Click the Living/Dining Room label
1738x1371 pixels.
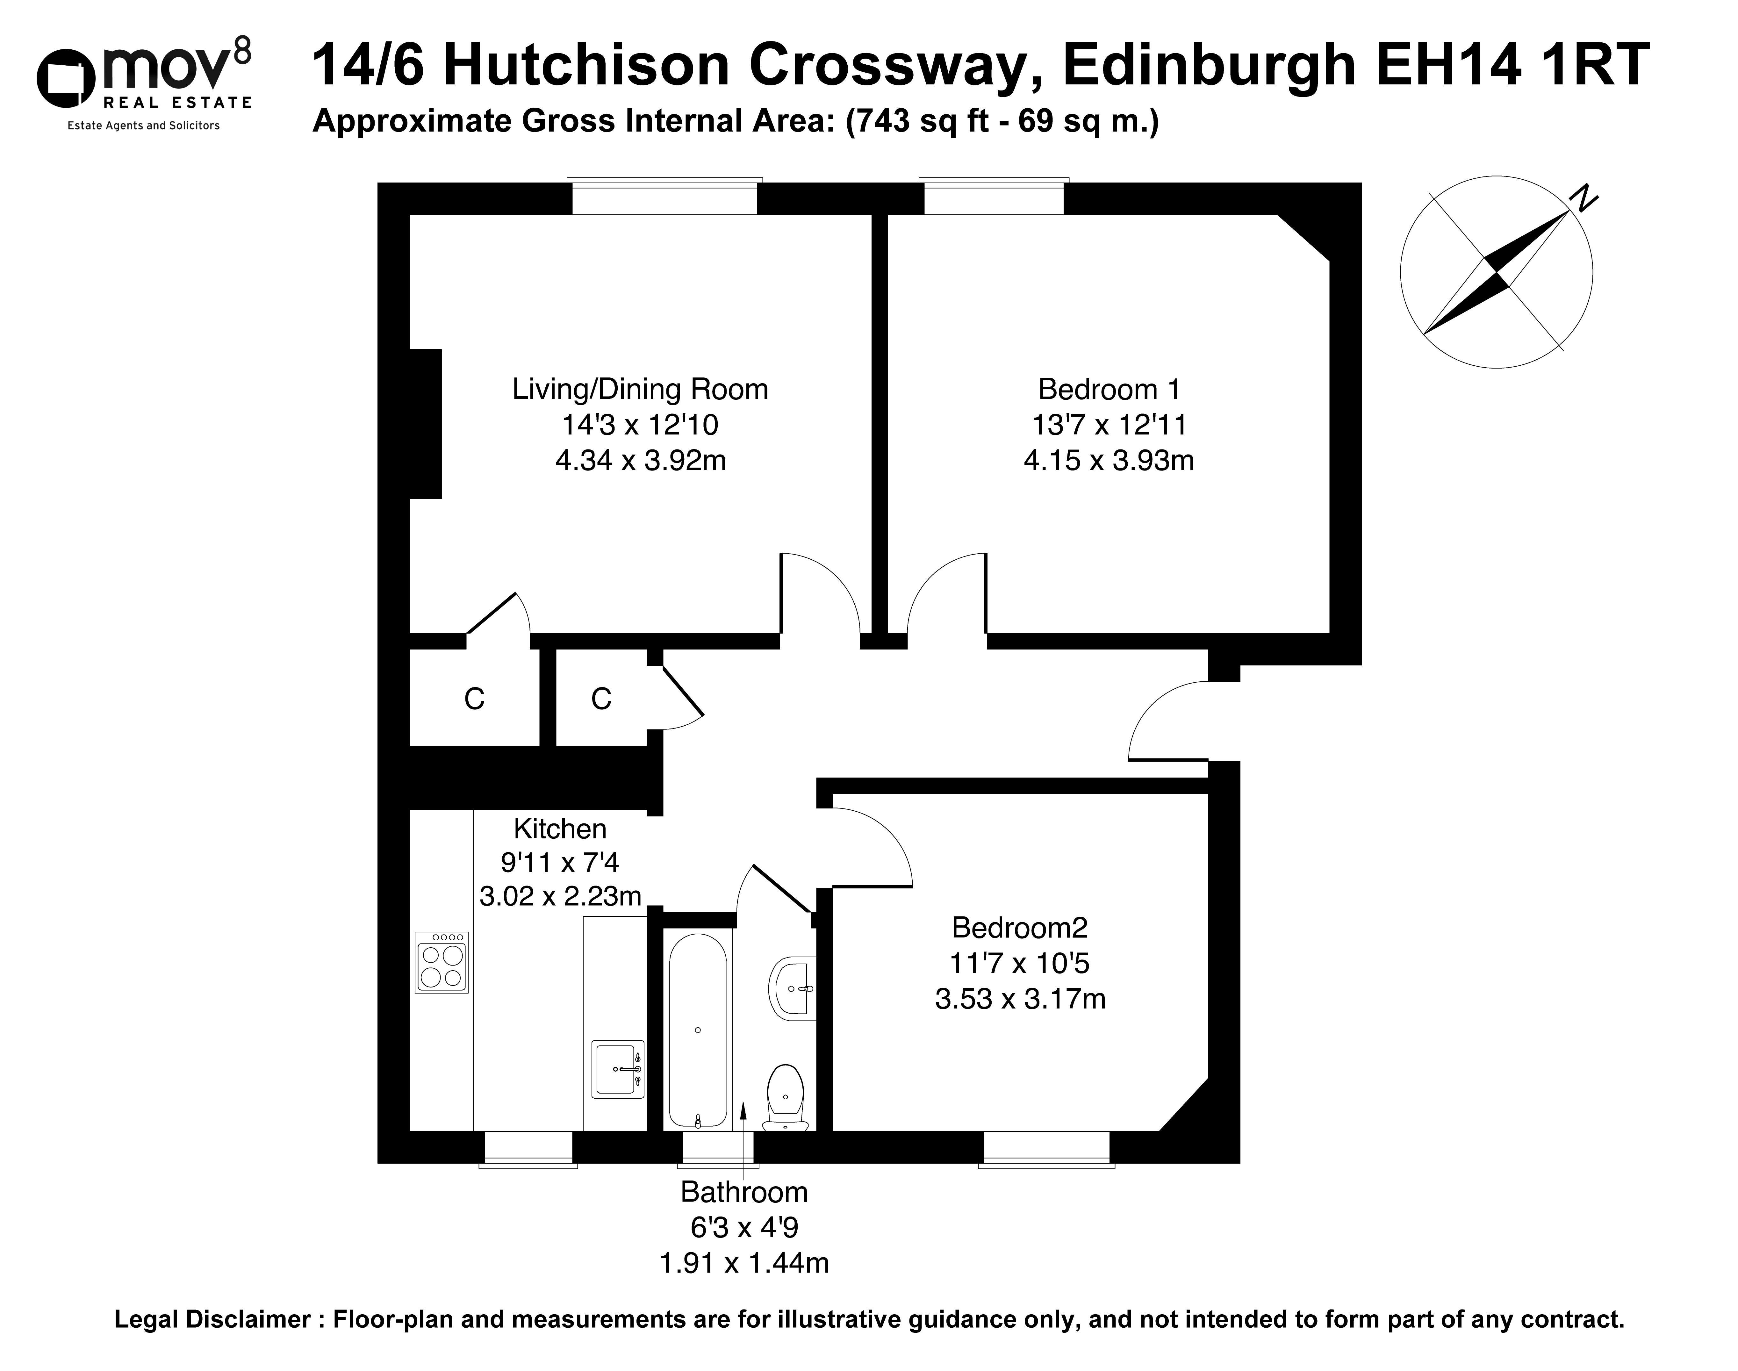(640, 389)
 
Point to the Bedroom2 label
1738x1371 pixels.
(1020, 928)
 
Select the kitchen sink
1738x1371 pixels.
(618, 1069)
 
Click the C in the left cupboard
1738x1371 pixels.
(474, 699)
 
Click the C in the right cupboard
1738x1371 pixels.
(601, 699)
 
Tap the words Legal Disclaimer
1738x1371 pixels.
(212, 1320)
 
